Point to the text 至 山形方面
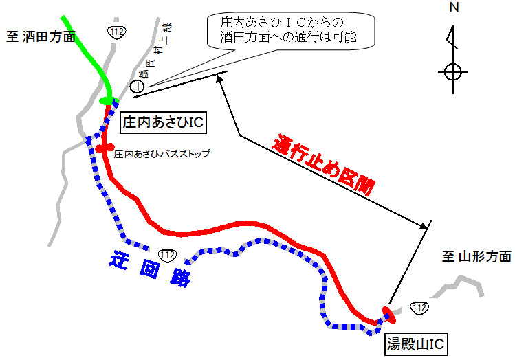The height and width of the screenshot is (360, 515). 476,256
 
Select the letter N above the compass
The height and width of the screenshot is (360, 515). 453,8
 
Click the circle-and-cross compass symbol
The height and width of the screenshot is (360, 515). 452,71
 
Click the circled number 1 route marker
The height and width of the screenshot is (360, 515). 137,86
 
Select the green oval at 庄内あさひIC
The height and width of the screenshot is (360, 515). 108,102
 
